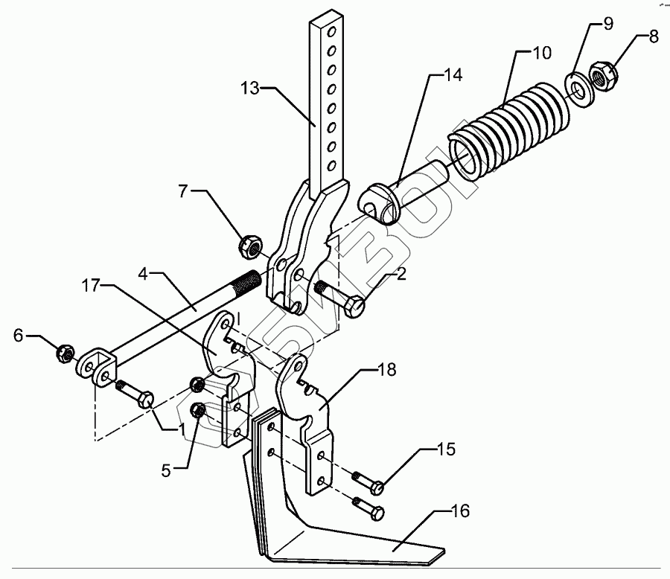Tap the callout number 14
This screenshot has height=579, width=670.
tap(454, 74)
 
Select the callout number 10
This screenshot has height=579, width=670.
tap(543, 53)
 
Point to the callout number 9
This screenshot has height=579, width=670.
tap(608, 24)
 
